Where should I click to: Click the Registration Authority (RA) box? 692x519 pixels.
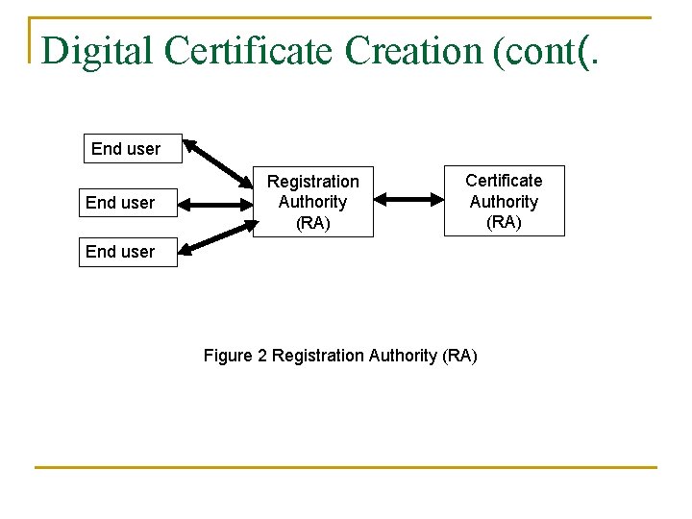click(x=312, y=202)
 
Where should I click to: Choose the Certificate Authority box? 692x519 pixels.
click(x=504, y=201)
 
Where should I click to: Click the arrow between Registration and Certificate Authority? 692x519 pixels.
click(x=408, y=200)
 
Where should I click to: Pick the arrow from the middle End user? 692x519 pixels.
click(x=213, y=204)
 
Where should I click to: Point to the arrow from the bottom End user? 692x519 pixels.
click(x=216, y=236)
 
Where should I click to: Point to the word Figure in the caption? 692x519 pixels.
click(x=228, y=356)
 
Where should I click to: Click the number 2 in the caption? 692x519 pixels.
click(x=262, y=356)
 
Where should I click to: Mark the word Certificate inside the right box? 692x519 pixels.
click(x=504, y=181)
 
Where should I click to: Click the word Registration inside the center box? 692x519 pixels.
click(x=312, y=182)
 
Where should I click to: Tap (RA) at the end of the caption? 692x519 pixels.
click(x=458, y=356)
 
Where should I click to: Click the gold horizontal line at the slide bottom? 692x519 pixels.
click(x=346, y=468)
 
